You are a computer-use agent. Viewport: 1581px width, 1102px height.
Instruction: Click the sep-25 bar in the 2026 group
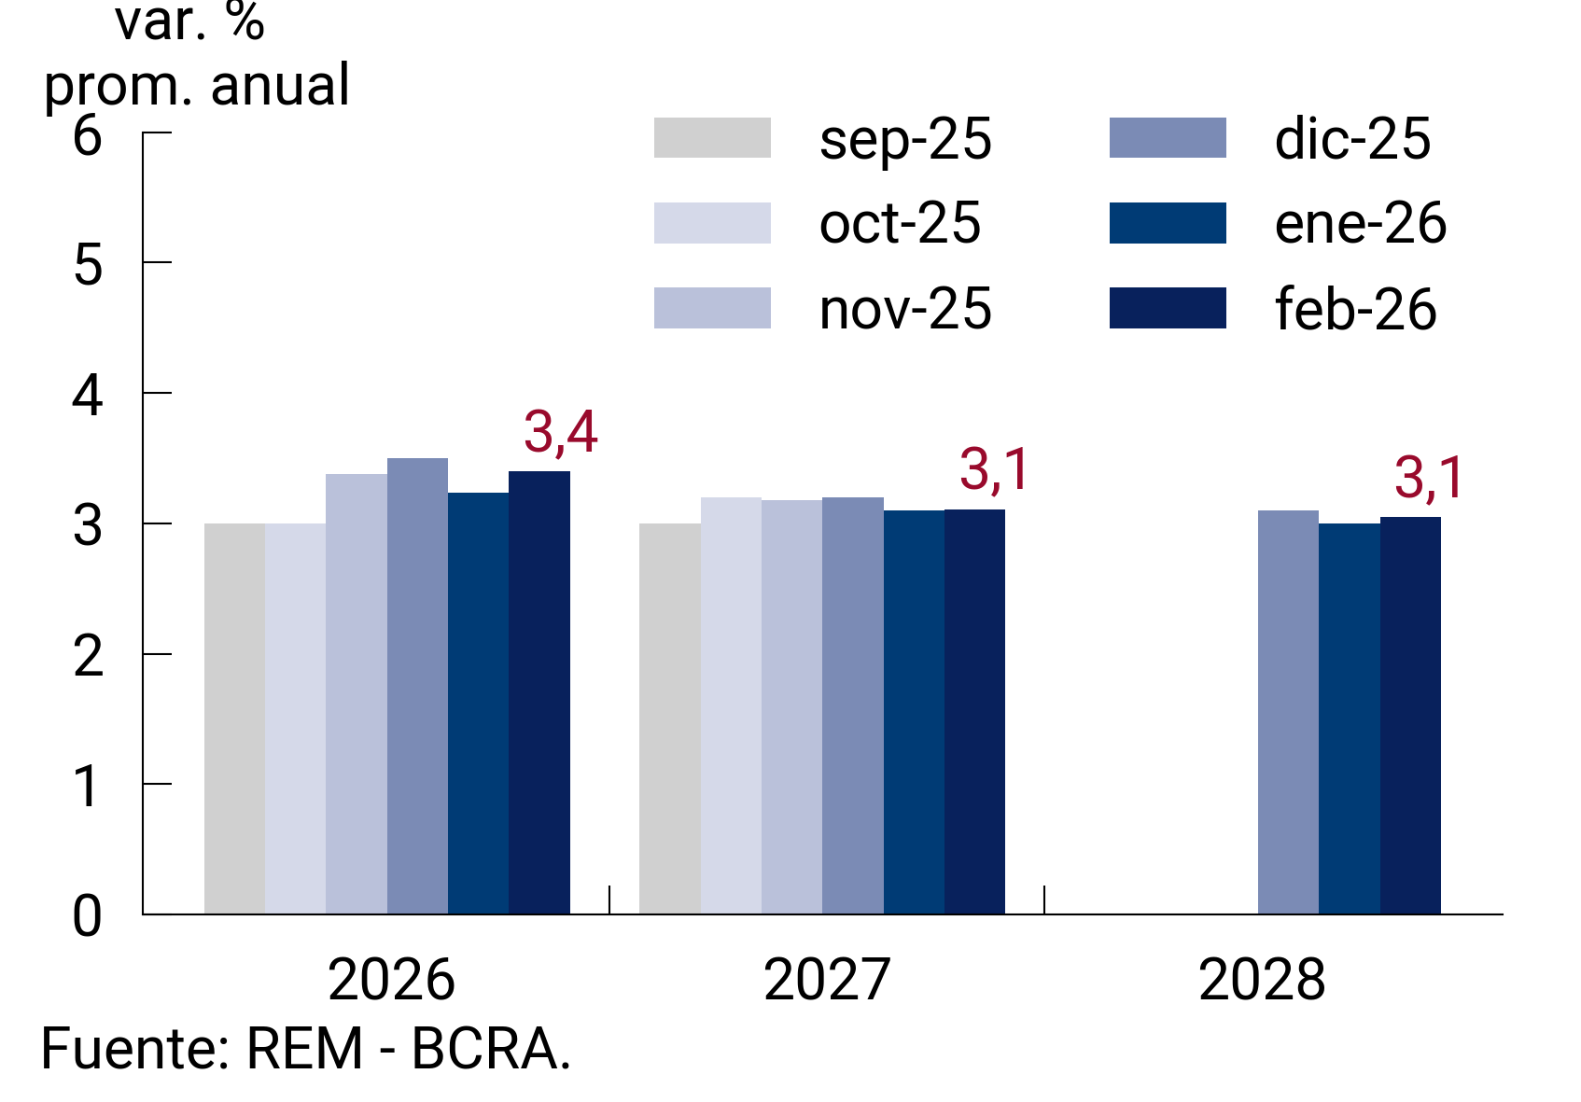234,718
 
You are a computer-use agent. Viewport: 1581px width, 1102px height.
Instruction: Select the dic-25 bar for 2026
417,686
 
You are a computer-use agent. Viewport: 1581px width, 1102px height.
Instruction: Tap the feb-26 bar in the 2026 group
539,692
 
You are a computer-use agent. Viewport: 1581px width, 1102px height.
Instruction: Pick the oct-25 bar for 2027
731,705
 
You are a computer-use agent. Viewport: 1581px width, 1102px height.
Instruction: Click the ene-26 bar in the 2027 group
914,712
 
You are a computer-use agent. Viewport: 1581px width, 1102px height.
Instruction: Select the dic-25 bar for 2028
1288,712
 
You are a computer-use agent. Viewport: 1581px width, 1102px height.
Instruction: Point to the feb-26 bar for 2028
1410,715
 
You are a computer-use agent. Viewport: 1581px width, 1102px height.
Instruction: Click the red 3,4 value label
560,432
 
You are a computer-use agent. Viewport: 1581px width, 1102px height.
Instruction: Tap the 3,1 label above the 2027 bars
995,469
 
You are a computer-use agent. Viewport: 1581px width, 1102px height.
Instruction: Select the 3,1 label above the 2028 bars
1430,478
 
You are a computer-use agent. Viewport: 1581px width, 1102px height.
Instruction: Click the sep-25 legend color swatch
712,138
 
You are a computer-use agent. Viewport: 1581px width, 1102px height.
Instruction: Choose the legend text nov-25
904,310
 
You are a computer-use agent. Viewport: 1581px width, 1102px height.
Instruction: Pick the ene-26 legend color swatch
1168,223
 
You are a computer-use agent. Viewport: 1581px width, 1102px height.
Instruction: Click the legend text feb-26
1355,310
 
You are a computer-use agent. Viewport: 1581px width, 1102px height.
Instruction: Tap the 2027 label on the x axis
826,980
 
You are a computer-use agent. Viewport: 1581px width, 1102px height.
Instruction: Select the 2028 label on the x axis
1261,980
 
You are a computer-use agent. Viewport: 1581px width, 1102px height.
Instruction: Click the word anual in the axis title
280,86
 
